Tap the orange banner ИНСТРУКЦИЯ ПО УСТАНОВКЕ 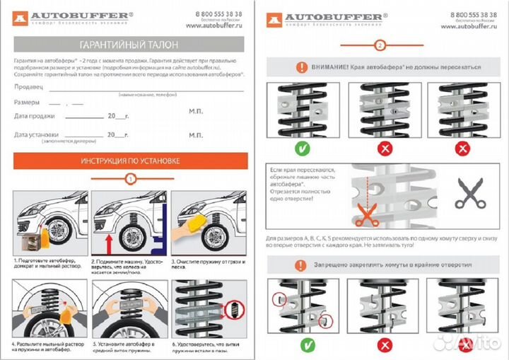(x=129, y=161)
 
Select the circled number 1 (x=129, y=179)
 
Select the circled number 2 (x=380, y=46)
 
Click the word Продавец (x=29, y=87)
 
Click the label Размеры (x=27, y=103)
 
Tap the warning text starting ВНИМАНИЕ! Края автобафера (x=387, y=68)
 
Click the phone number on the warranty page (x=218, y=14)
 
